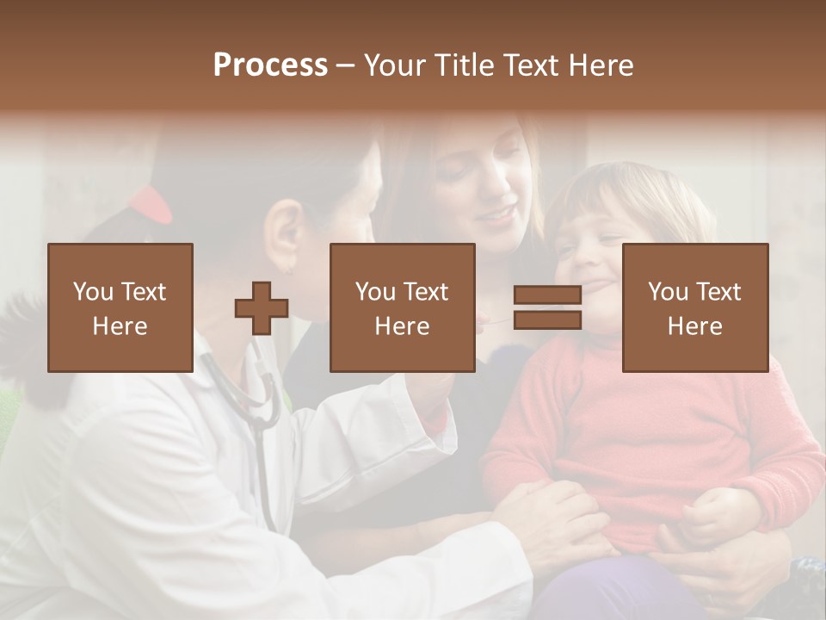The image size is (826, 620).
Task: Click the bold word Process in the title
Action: pos(270,65)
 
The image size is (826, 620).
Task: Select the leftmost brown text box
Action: pos(120,307)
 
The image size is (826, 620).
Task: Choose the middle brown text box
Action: pos(402,307)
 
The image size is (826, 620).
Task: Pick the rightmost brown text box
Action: pos(694,307)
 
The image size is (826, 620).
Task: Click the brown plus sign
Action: pos(262,308)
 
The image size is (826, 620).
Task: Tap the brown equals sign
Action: pos(547,308)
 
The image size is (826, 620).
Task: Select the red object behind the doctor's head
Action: pos(151,203)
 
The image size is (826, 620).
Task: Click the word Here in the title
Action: pos(600,65)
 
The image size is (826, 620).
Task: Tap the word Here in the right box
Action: pos(694,326)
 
